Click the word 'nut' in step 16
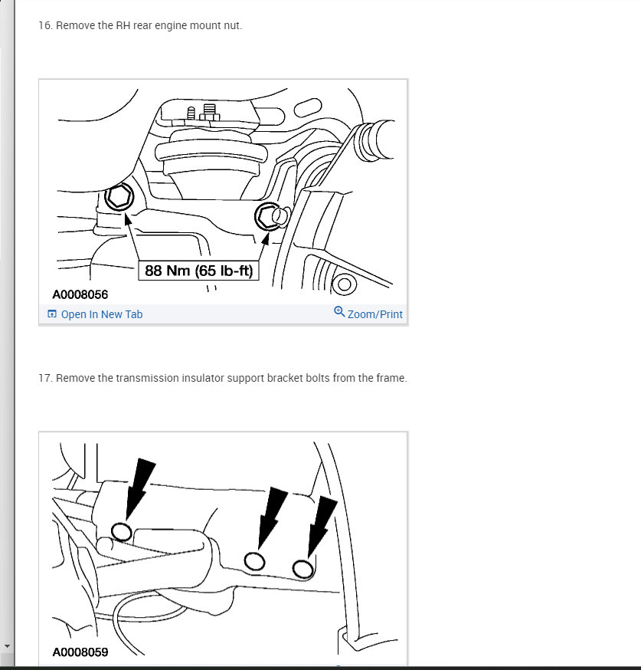pyautogui.click(x=230, y=26)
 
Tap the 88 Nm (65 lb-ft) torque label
pyautogui.click(x=198, y=271)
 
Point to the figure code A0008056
pyautogui.click(x=80, y=294)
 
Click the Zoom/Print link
pyautogui.click(x=374, y=314)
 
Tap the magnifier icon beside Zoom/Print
pyautogui.click(x=339, y=312)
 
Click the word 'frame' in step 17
pyautogui.click(x=389, y=378)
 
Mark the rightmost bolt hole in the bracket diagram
pyautogui.click(x=303, y=568)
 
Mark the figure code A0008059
pyautogui.click(x=80, y=653)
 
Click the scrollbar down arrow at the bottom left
pyautogui.click(x=7, y=647)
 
